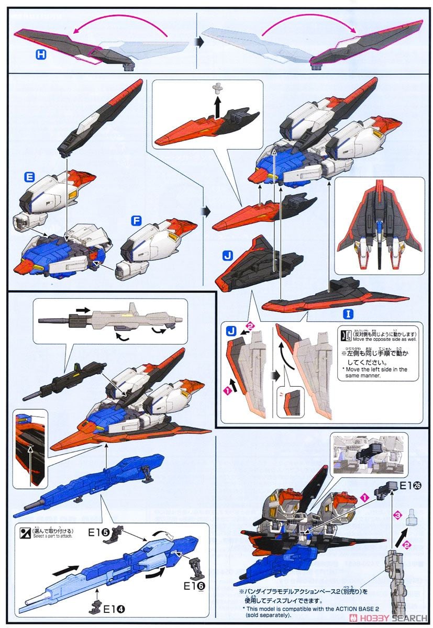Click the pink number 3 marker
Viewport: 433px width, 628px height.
pyautogui.click(x=397, y=517)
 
